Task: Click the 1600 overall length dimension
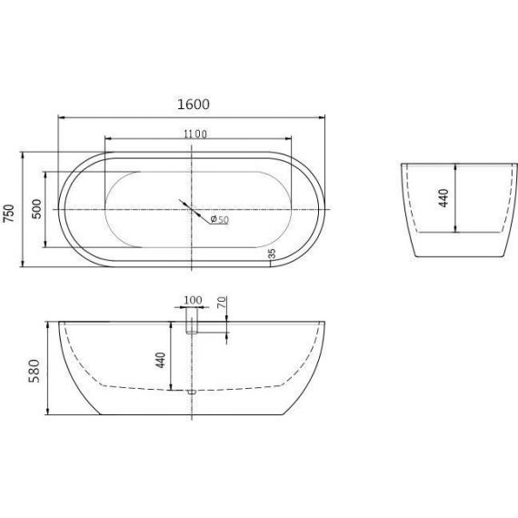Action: point(194,105)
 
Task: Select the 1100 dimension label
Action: point(195,134)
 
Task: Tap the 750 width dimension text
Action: point(9,214)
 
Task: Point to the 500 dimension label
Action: point(36,209)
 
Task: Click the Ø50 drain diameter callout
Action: point(219,219)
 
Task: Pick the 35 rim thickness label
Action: point(272,254)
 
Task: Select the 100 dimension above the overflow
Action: point(193,300)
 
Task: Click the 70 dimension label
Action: point(222,303)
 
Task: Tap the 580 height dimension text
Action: point(34,371)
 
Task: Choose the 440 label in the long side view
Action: point(161,360)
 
